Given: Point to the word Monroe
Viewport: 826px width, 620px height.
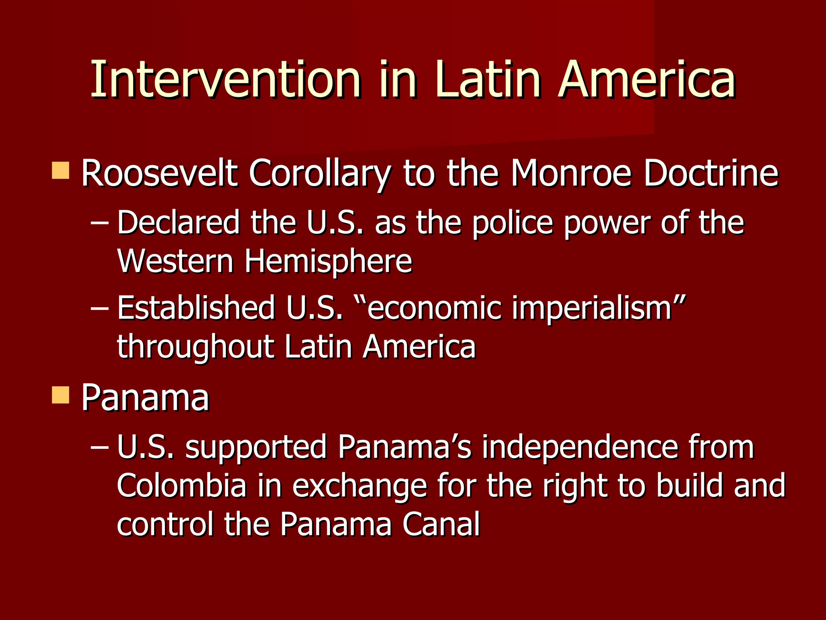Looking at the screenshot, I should tap(571, 174).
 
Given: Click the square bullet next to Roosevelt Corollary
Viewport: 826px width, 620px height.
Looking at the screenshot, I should tap(61, 170).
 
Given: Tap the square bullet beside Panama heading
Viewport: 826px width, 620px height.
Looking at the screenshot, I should tap(61, 395).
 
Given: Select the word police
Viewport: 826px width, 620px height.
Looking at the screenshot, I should tap(512, 223).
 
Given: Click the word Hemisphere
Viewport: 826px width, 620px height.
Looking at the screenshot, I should tap(328, 261).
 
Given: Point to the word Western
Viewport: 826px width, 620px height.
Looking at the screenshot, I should tap(175, 261).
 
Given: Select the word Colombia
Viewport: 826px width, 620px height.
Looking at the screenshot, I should tap(181, 486).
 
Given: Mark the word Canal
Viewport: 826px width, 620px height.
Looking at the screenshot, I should tap(440, 524).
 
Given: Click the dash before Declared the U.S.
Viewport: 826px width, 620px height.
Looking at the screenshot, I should tap(99, 223).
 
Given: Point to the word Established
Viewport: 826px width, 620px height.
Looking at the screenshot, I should tap(196, 308).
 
